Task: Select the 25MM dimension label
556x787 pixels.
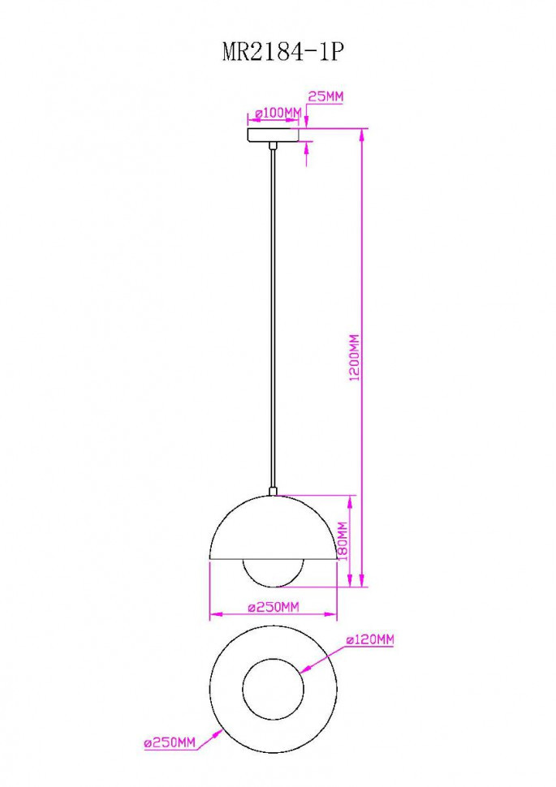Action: tap(325, 97)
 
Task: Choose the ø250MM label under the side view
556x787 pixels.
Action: tap(274, 607)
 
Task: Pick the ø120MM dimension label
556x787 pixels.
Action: tap(369, 640)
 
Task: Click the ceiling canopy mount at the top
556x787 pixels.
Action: tap(274, 135)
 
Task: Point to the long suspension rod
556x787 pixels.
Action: tap(274, 325)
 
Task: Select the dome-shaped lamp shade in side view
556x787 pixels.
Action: tap(274, 531)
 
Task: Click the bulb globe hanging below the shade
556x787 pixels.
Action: tap(274, 573)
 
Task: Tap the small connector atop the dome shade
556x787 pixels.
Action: tap(274, 490)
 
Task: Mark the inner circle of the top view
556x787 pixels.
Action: tap(274, 690)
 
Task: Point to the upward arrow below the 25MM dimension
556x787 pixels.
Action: tap(307, 153)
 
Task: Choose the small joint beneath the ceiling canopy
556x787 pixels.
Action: tap(274, 146)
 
